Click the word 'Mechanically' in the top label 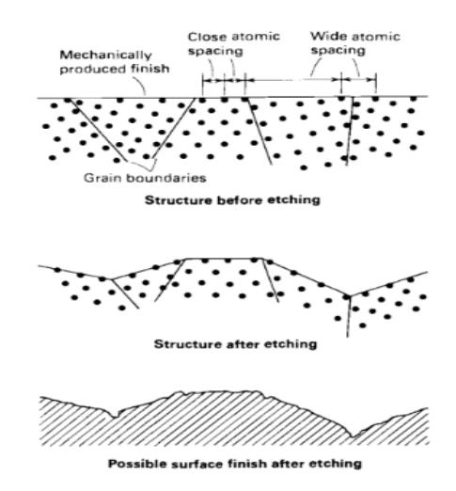(105, 55)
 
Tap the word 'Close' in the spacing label (205, 37)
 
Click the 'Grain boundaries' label (145, 178)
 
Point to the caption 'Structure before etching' (232, 199)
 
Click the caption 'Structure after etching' (235, 344)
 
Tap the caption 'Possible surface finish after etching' (235, 464)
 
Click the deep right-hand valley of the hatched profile (353, 436)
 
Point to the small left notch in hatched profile (115, 416)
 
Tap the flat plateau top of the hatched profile (218, 391)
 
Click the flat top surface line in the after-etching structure (225, 259)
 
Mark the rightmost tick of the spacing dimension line (375, 84)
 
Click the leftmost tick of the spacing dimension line (203, 84)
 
